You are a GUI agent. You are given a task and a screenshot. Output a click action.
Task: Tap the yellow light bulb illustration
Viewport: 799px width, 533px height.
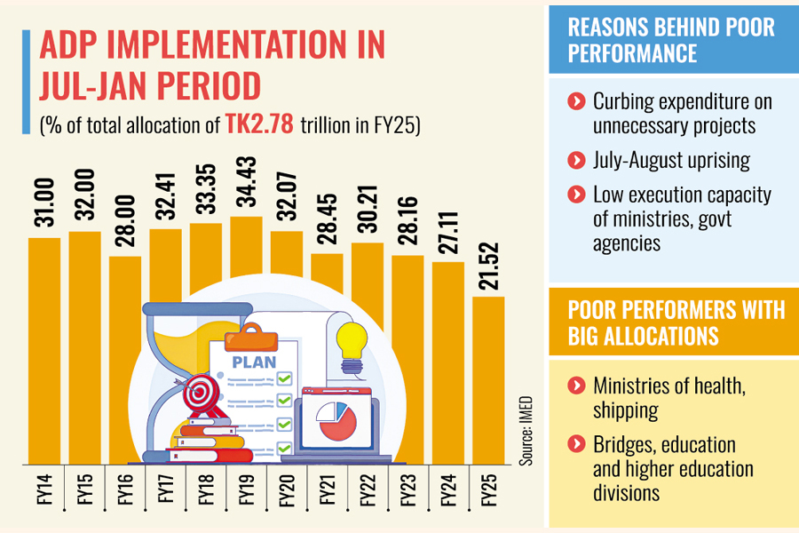click(352, 343)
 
